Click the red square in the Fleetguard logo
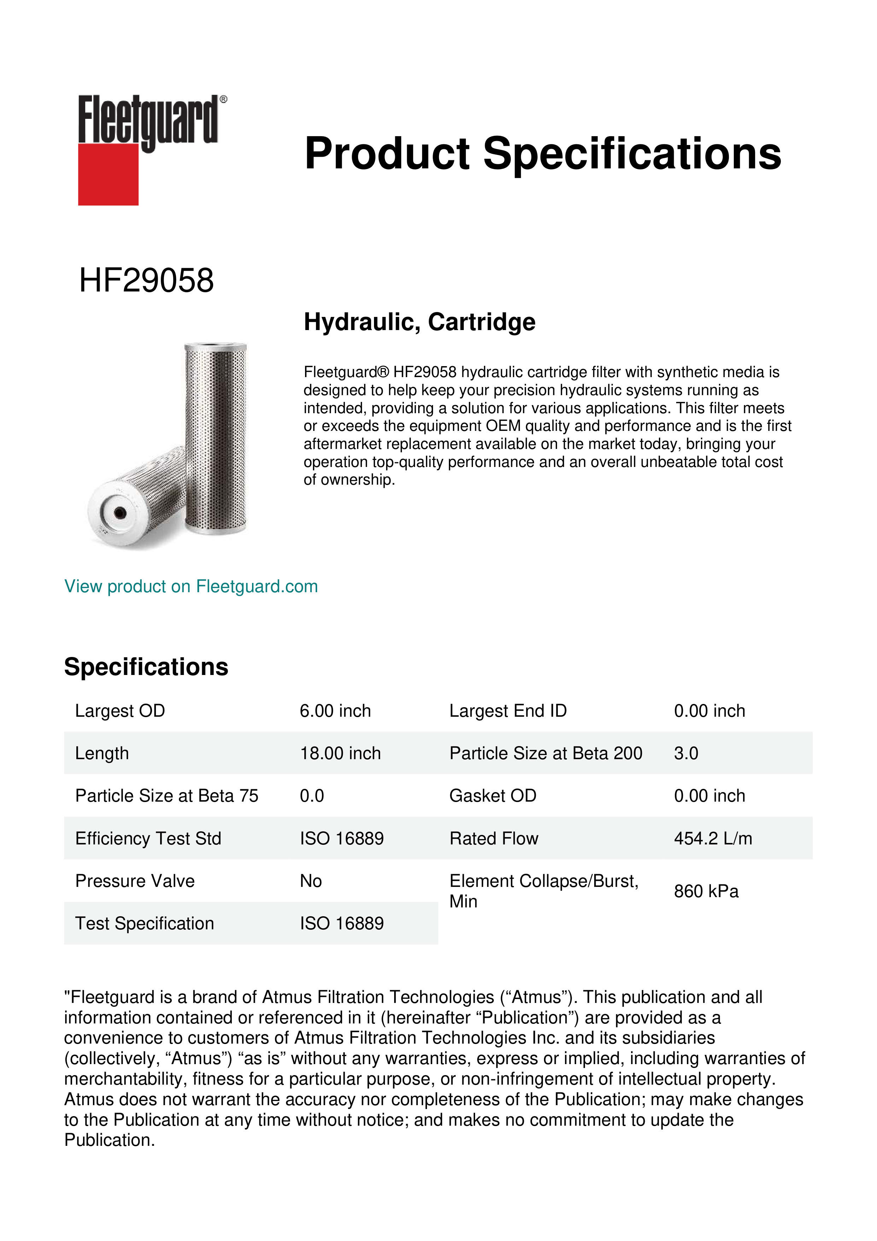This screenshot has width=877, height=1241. (x=108, y=174)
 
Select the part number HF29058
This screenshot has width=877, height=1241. (x=146, y=281)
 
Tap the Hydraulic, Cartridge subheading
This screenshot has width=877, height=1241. (x=419, y=322)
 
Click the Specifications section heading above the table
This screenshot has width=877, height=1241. (x=146, y=667)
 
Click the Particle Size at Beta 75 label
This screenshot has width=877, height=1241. (x=166, y=796)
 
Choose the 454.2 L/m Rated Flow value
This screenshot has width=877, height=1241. (x=713, y=838)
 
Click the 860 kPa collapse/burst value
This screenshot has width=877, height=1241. (x=706, y=891)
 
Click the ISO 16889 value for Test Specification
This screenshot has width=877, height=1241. (x=341, y=923)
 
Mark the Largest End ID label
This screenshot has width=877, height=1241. (x=508, y=711)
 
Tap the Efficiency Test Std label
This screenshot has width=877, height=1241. (x=148, y=838)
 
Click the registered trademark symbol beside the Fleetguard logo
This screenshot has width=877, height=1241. (x=223, y=99)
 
